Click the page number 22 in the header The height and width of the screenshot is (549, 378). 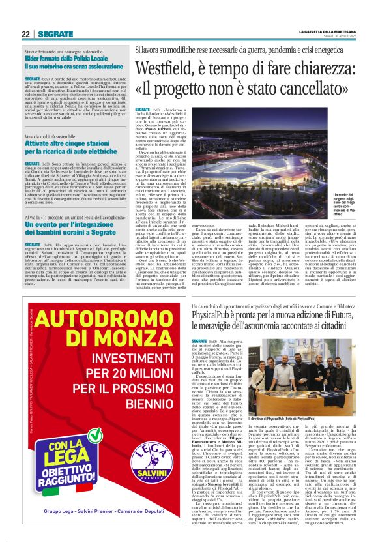click(x=25, y=34)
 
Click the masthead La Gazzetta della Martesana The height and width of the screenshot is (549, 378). click(x=325, y=31)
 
